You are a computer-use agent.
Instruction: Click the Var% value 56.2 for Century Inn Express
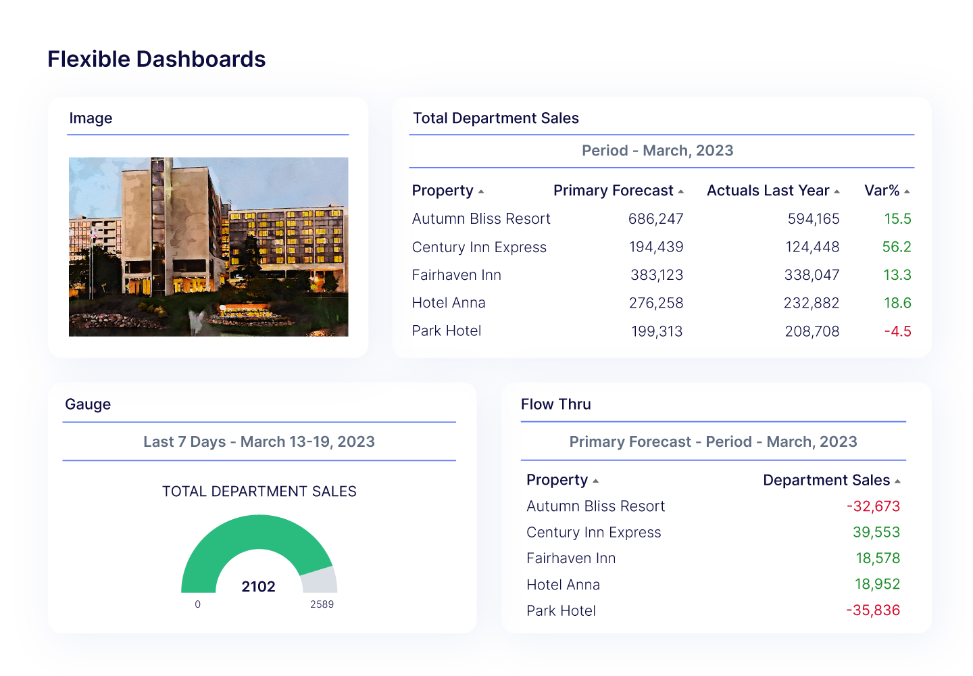click(896, 247)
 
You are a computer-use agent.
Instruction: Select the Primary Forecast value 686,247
click(655, 219)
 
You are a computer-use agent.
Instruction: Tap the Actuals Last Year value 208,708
click(812, 331)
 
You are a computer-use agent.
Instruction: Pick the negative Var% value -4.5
click(897, 331)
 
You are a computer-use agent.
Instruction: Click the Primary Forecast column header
click(613, 191)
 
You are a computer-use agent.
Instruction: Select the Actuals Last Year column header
click(768, 191)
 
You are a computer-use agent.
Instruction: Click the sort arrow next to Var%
click(907, 192)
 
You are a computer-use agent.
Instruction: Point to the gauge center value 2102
click(259, 587)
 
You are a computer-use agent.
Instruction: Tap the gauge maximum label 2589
click(322, 604)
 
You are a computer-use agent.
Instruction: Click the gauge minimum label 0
click(197, 604)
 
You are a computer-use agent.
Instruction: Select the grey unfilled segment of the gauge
click(320, 580)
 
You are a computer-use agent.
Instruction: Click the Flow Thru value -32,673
click(873, 506)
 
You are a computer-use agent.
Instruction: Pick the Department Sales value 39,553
click(876, 533)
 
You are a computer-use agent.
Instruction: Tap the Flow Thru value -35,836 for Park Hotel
click(873, 610)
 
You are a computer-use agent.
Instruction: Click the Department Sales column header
click(826, 481)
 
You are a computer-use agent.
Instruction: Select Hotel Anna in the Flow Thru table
click(563, 585)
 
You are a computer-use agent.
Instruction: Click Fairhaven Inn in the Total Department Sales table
click(457, 275)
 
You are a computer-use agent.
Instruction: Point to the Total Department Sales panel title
click(495, 118)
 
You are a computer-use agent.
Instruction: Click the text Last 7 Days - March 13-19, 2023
click(259, 442)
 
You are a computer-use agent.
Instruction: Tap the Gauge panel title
click(88, 404)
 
